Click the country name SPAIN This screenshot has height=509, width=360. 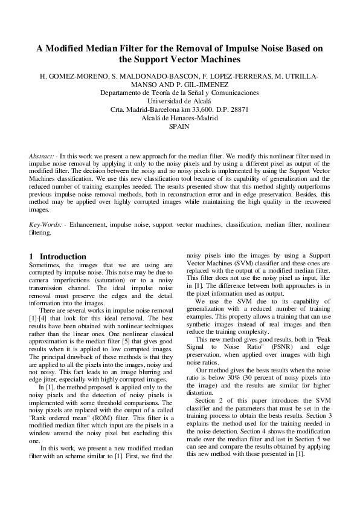tap(179, 127)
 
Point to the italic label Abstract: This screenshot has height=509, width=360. tap(43, 157)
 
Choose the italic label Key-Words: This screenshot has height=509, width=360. tap(47, 224)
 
